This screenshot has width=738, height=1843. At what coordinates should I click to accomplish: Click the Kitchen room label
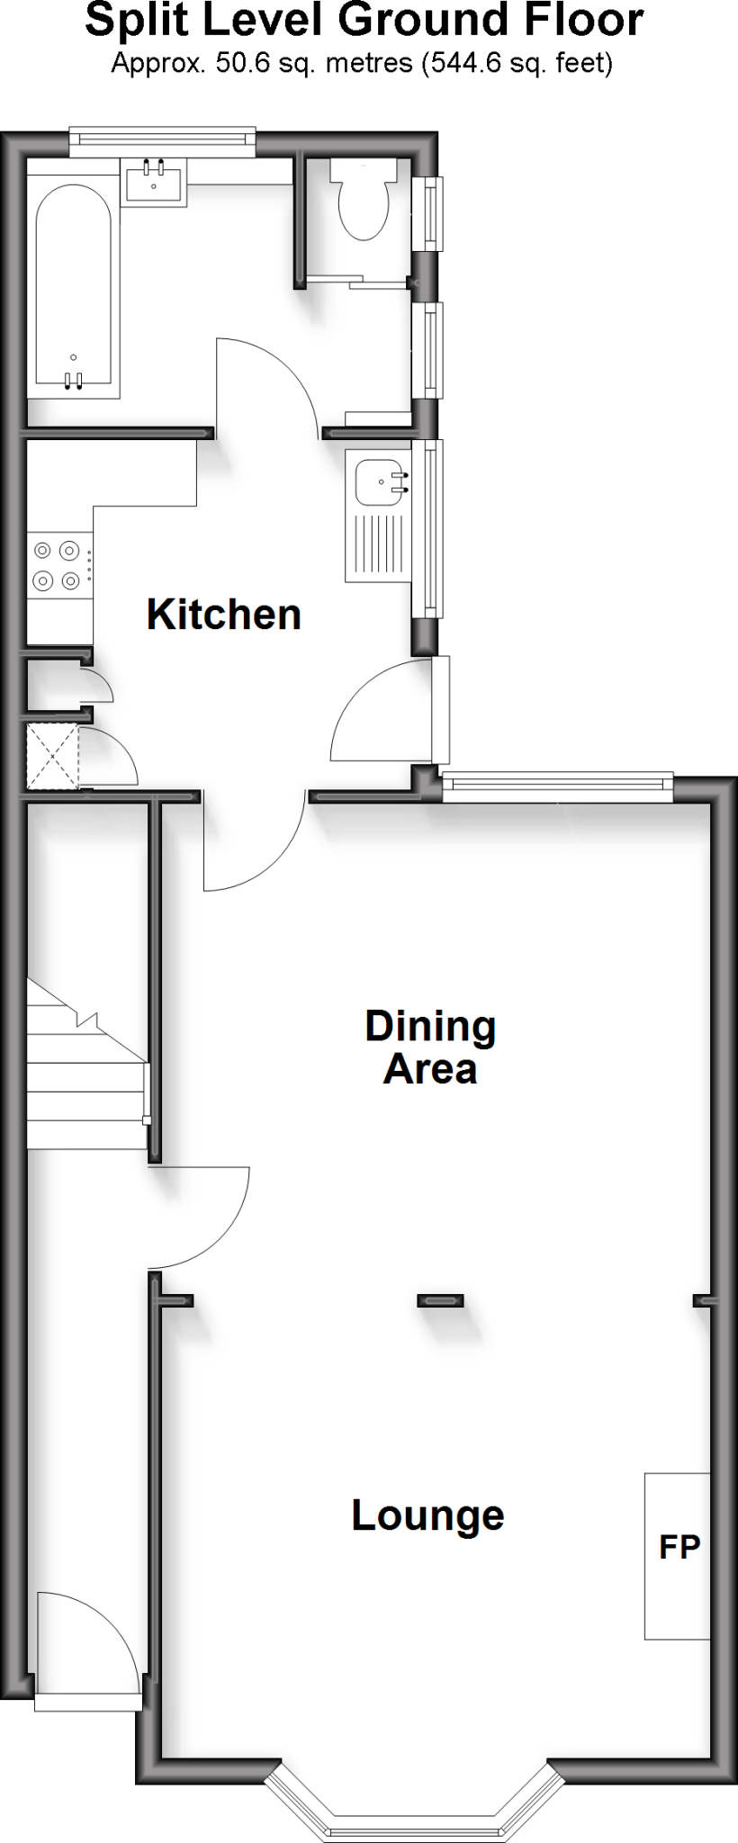point(223,615)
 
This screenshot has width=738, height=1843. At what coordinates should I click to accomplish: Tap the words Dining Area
point(430,1047)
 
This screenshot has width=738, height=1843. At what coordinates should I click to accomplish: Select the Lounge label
point(427,1515)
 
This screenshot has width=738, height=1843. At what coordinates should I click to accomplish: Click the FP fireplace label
point(679,1547)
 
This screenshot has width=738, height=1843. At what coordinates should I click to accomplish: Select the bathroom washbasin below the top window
point(153,183)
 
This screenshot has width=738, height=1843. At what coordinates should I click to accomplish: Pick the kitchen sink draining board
point(376,544)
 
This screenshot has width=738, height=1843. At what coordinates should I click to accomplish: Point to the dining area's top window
point(558,787)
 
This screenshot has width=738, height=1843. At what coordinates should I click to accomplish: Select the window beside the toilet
point(431,213)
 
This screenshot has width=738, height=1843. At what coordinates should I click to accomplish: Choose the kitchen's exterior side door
point(382,711)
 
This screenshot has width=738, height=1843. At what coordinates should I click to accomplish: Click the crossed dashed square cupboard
point(53,756)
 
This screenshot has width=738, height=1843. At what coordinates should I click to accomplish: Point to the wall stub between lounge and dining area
point(441,1299)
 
